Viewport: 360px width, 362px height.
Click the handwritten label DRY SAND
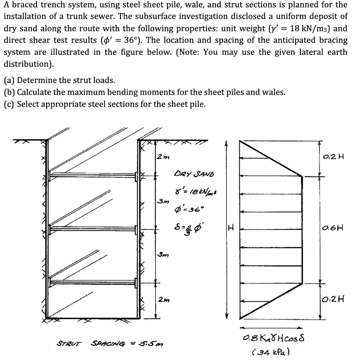click(194, 174)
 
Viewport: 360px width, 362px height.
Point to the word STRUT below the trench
click(69, 343)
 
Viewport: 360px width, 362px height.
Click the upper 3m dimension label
click(161, 202)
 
